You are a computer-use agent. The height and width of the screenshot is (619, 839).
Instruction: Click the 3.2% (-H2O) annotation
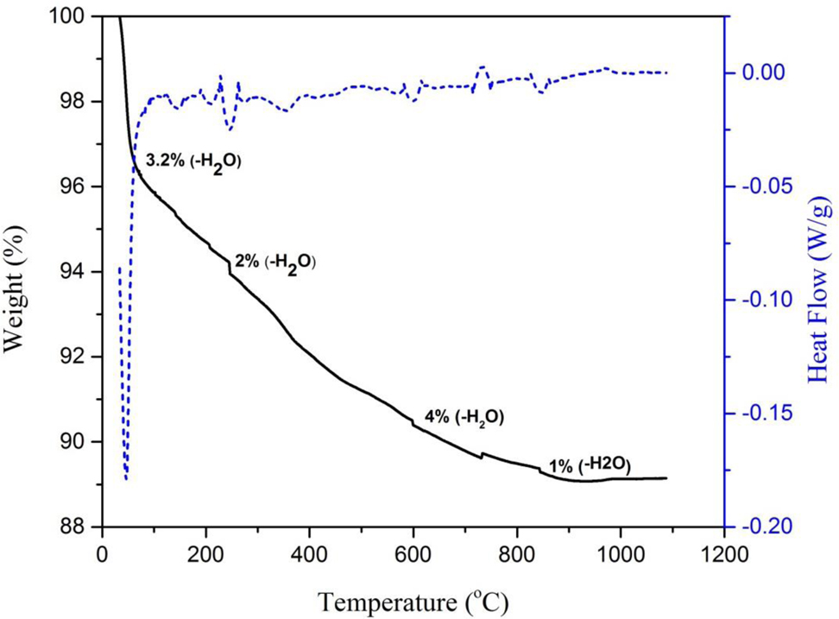[192, 161]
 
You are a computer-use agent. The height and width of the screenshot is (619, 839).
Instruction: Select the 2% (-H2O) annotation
[275, 261]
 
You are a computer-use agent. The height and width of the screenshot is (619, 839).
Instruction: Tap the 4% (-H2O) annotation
[464, 417]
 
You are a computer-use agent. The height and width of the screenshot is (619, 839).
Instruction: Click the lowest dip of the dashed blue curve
[126, 479]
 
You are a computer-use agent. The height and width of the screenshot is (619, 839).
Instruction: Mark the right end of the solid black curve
[666, 477]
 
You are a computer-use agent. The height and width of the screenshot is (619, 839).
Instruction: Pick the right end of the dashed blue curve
[667, 73]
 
